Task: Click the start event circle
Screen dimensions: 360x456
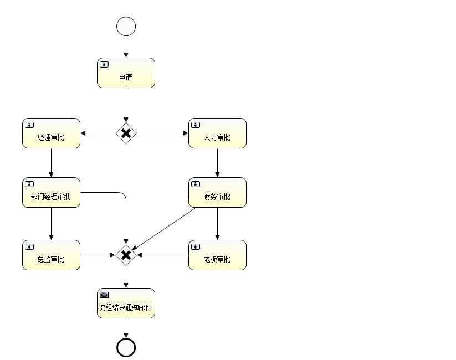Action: [126, 27]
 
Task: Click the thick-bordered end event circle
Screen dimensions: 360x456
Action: [126, 347]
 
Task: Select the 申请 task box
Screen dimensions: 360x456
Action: [126, 73]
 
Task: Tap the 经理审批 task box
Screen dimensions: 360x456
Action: [51, 133]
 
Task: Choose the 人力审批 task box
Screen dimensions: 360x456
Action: [217, 133]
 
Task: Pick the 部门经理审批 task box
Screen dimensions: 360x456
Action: [51, 193]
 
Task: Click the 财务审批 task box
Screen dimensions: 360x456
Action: [217, 193]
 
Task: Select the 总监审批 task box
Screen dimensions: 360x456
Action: [51, 255]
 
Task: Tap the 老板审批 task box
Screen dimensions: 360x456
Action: [217, 255]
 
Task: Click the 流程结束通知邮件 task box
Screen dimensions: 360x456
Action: [126, 304]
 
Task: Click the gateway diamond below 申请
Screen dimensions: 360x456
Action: [126, 133]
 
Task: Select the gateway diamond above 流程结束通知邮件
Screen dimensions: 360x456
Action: [126, 255]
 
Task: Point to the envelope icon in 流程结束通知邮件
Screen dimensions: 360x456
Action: [104, 295]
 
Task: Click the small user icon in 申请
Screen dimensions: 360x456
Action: [104, 64]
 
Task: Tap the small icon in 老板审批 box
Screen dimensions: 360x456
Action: [196, 246]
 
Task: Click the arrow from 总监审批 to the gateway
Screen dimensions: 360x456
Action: [98, 255]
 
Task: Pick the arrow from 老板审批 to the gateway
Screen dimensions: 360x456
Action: [163, 255]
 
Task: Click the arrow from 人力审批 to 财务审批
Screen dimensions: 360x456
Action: [217, 163]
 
